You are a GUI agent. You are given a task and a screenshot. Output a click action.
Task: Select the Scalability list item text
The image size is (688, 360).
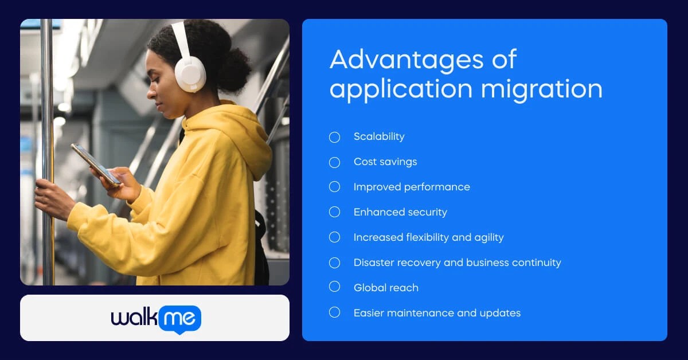pyautogui.click(x=379, y=136)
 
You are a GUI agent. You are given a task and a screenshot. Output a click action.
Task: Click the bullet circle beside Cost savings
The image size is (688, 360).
pyautogui.click(x=335, y=162)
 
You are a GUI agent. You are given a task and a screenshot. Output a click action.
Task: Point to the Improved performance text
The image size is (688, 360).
pyautogui.click(x=412, y=187)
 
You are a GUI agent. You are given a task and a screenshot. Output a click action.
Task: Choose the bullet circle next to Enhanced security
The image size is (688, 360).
pyautogui.click(x=335, y=212)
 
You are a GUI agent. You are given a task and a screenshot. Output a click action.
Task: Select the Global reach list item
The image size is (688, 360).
pyautogui.click(x=386, y=288)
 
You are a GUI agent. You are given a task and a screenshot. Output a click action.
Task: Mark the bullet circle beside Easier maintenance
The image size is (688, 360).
pyautogui.click(x=335, y=312)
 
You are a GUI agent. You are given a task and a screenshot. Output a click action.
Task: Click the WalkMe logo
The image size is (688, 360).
pyautogui.click(x=155, y=318)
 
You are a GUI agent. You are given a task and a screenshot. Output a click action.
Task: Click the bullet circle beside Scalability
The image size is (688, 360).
pyautogui.click(x=335, y=137)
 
